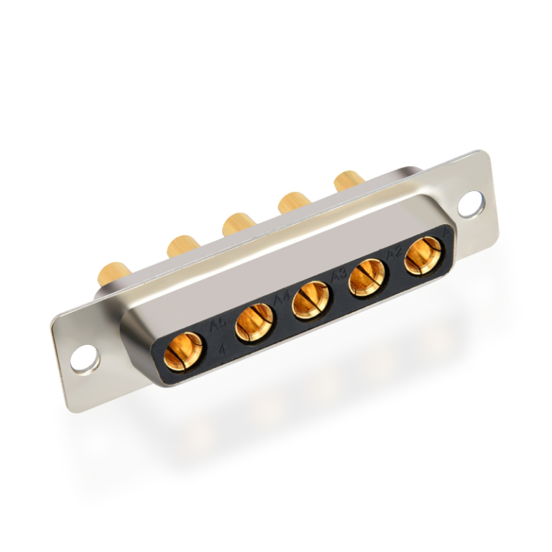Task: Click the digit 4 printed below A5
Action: point(224,350)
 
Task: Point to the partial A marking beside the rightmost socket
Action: point(446,231)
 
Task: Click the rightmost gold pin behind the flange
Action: point(349,179)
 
